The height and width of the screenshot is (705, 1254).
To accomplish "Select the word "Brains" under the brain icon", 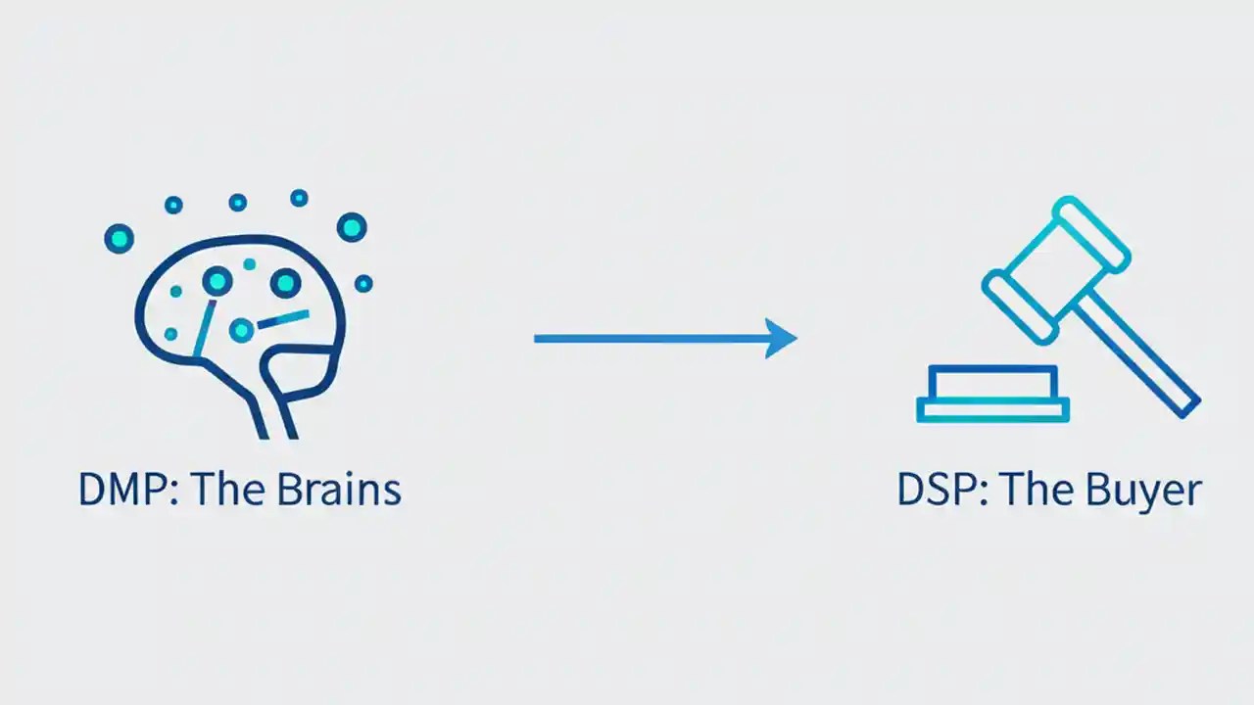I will coord(339,490).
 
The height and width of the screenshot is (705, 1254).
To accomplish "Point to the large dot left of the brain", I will coord(120,238).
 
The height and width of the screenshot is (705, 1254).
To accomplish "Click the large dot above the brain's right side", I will coord(352,227).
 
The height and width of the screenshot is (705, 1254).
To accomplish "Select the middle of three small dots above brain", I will coord(237,202).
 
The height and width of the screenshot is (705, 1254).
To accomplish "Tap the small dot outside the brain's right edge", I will coord(363,283).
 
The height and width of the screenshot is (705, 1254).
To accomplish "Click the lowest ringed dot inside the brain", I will coord(241,330).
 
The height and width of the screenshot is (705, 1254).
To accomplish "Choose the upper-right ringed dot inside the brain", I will coord(285,283).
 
